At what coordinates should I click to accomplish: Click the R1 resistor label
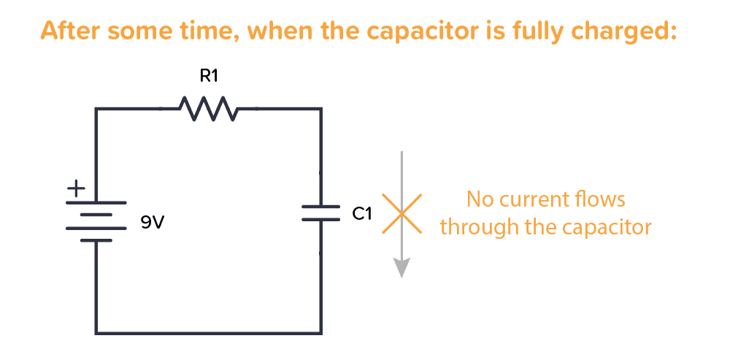pyautogui.click(x=209, y=75)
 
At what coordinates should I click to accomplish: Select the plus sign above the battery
pyautogui.click(x=76, y=188)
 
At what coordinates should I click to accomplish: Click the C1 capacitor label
pyautogui.click(x=363, y=214)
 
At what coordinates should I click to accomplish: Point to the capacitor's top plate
pyautogui.click(x=321, y=207)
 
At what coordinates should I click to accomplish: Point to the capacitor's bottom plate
pyautogui.click(x=321, y=219)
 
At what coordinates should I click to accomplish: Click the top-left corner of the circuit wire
pyautogui.click(x=96, y=110)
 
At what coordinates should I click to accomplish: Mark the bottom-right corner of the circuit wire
pyautogui.click(x=321, y=333)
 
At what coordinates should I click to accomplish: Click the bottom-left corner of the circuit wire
pyautogui.click(x=96, y=333)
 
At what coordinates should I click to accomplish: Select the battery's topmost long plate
pyautogui.click(x=96, y=202)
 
